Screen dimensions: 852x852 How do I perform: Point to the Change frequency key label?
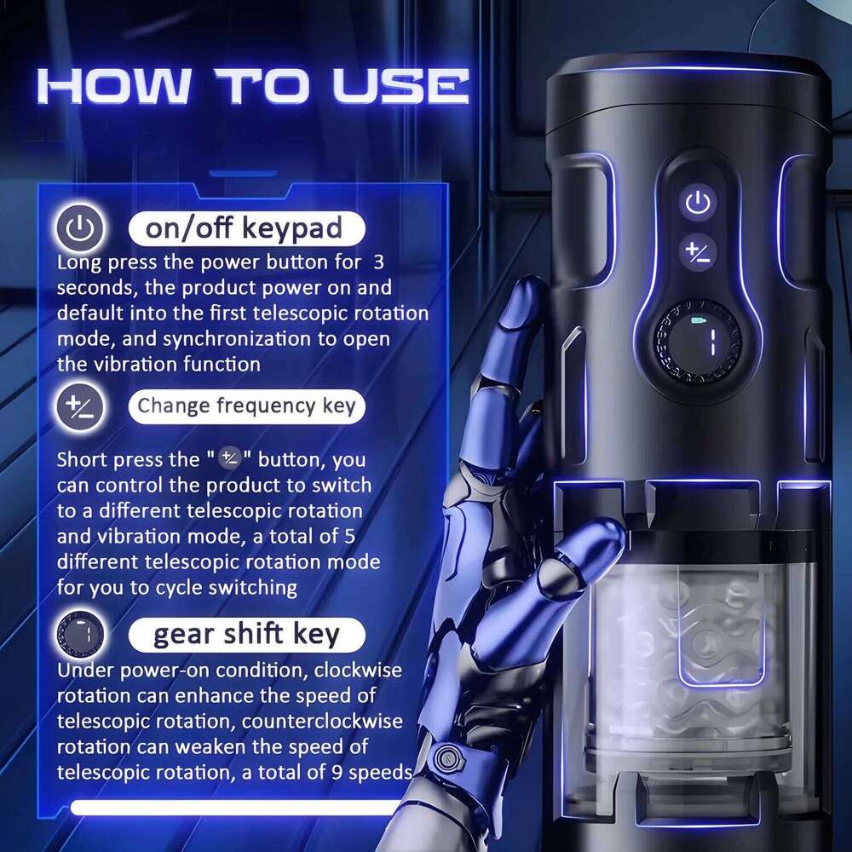[246, 406]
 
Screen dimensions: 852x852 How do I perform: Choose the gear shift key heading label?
[246, 635]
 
